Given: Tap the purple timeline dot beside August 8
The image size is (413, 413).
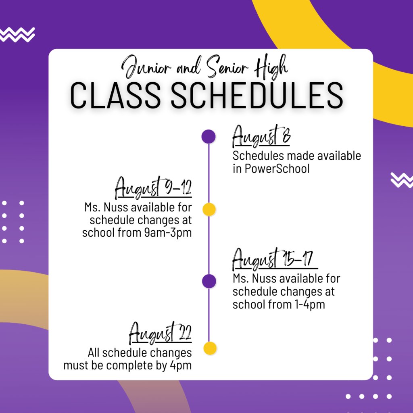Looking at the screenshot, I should click(x=209, y=137).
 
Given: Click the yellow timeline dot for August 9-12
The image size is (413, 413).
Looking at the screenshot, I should click(x=209, y=209).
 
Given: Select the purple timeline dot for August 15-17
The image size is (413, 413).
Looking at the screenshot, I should click(x=209, y=281).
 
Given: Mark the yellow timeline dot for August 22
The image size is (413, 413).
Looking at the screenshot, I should click(x=209, y=348).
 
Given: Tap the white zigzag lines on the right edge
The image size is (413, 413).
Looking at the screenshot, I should click(x=401, y=180).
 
